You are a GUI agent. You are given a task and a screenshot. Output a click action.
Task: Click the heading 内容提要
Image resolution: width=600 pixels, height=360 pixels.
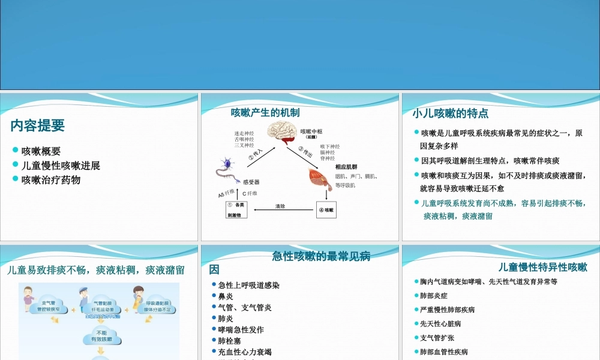pos(37,126)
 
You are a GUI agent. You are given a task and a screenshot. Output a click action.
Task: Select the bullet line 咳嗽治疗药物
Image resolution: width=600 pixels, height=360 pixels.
pos(51,180)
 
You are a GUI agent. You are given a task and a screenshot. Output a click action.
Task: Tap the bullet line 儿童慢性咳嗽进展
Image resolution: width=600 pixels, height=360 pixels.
pos(61,166)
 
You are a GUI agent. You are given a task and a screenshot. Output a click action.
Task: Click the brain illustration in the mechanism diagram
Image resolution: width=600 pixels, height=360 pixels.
pos(282,134)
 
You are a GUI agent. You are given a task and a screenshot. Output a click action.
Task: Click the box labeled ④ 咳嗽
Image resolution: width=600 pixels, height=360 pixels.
pos(326,210)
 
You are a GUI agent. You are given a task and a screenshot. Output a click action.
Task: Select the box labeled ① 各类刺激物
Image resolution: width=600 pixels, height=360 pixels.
pos(236,209)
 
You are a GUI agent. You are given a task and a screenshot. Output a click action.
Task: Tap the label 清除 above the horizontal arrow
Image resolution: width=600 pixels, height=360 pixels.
pos(280,206)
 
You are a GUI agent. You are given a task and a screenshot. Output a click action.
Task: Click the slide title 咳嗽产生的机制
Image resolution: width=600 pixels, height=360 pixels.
pos(265,112)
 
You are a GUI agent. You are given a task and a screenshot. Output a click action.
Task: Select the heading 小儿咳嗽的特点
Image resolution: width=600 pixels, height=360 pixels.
pos(450,113)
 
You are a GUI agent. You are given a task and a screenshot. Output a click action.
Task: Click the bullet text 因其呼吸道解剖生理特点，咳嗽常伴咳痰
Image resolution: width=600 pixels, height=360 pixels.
pos(490,161)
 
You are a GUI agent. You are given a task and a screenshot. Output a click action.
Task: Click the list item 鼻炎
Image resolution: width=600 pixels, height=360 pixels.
pos(226,296)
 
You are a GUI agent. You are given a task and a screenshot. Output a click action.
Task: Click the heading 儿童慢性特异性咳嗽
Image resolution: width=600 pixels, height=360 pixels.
pos(542,267)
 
